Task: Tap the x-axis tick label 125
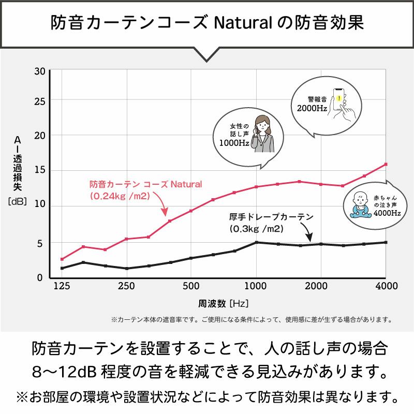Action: click(62, 286)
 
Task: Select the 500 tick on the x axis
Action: click(191, 286)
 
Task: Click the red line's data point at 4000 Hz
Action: click(386, 165)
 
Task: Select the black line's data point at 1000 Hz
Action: click(256, 242)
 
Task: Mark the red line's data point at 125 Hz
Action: click(62, 259)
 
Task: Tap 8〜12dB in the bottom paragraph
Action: click(63, 372)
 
